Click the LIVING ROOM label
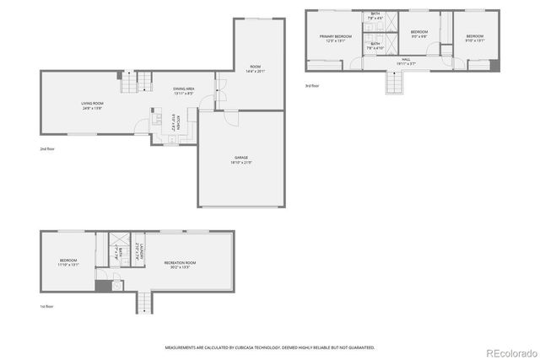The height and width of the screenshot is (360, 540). pos(92,103)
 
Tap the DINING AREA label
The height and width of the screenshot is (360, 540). pos(184,89)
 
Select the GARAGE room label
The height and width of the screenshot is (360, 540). pos(241,158)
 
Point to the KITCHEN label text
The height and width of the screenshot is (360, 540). pos(178,123)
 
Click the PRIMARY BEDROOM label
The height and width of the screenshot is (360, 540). pos(335,36)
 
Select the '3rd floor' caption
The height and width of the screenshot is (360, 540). pos(312,85)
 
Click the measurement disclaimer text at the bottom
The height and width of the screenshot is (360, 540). pos(270,347)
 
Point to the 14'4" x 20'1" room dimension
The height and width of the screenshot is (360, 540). pos(255,71)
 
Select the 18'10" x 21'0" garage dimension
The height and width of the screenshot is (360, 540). pos(241,162)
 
